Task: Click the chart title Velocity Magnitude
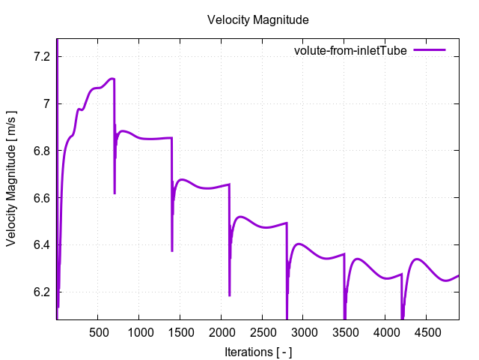[258, 19]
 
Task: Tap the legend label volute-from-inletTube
[350, 50]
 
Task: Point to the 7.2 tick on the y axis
[42, 56]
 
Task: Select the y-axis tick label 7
[46, 103]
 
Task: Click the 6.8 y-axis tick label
[42, 151]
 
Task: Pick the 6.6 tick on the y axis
[42, 198]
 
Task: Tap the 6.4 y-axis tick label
[42, 245]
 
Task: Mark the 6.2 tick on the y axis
[42, 292]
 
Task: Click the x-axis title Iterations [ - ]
[258, 351]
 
